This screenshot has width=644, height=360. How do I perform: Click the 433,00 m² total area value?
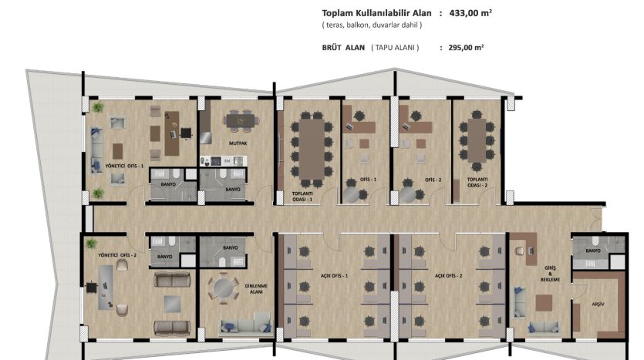(x=470, y=13)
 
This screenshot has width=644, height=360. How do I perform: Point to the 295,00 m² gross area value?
(x=466, y=47)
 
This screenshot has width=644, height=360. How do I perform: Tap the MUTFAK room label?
(x=238, y=143)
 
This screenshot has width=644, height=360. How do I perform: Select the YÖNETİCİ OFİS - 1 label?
(x=124, y=166)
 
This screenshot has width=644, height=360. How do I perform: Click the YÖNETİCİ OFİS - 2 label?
(x=117, y=255)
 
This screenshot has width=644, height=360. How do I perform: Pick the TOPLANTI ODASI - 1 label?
(x=302, y=197)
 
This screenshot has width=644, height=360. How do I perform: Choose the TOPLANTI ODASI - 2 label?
(x=477, y=182)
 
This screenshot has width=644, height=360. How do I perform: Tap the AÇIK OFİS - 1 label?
(x=334, y=276)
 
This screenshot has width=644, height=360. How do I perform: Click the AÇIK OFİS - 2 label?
(x=449, y=276)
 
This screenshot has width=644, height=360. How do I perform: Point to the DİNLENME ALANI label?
(x=256, y=288)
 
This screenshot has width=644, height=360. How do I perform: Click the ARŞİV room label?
(x=598, y=304)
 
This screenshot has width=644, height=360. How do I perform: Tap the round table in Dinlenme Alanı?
(x=223, y=288)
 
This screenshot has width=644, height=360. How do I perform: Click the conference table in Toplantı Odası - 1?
(x=312, y=149)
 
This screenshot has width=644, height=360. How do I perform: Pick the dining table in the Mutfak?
(x=241, y=121)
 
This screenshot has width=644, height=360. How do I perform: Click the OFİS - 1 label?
(x=369, y=180)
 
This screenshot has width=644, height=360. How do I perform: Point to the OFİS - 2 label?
(x=433, y=180)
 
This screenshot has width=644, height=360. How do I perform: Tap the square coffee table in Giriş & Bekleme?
(x=544, y=303)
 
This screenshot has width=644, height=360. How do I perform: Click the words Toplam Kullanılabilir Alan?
(x=376, y=13)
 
